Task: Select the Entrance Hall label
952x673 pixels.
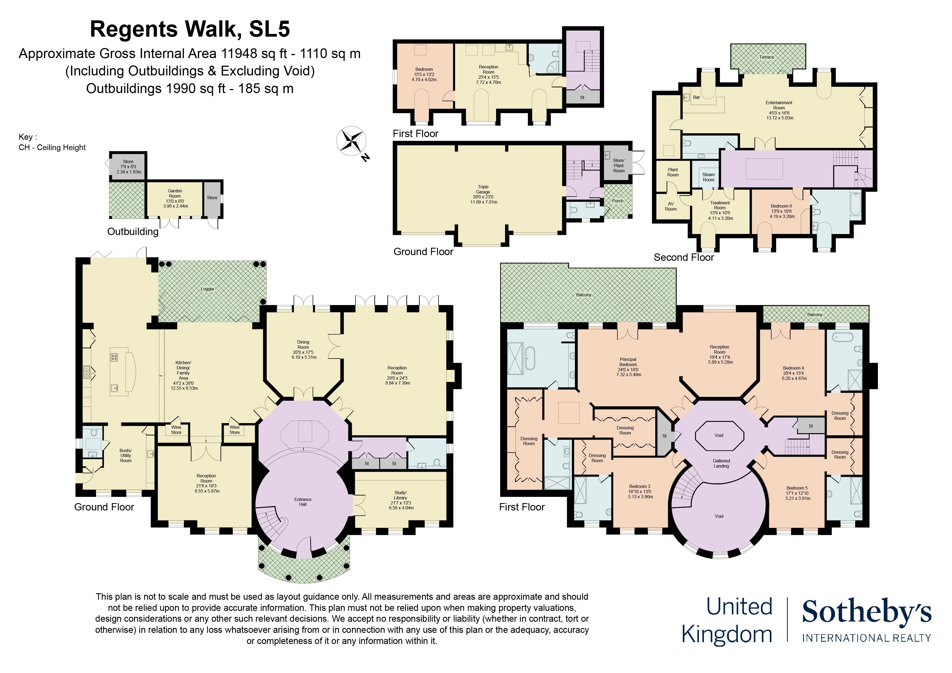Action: pos(303,502)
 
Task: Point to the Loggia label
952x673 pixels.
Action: pos(207,289)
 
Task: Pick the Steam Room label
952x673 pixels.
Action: pos(708,177)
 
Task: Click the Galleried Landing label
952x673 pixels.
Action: pos(722,463)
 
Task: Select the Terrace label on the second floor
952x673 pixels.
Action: pos(767,57)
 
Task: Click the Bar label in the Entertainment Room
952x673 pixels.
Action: pos(697,97)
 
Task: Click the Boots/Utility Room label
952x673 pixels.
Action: pos(126,455)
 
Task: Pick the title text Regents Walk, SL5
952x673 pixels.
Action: pos(190,29)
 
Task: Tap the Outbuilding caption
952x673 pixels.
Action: pos(133,231)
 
